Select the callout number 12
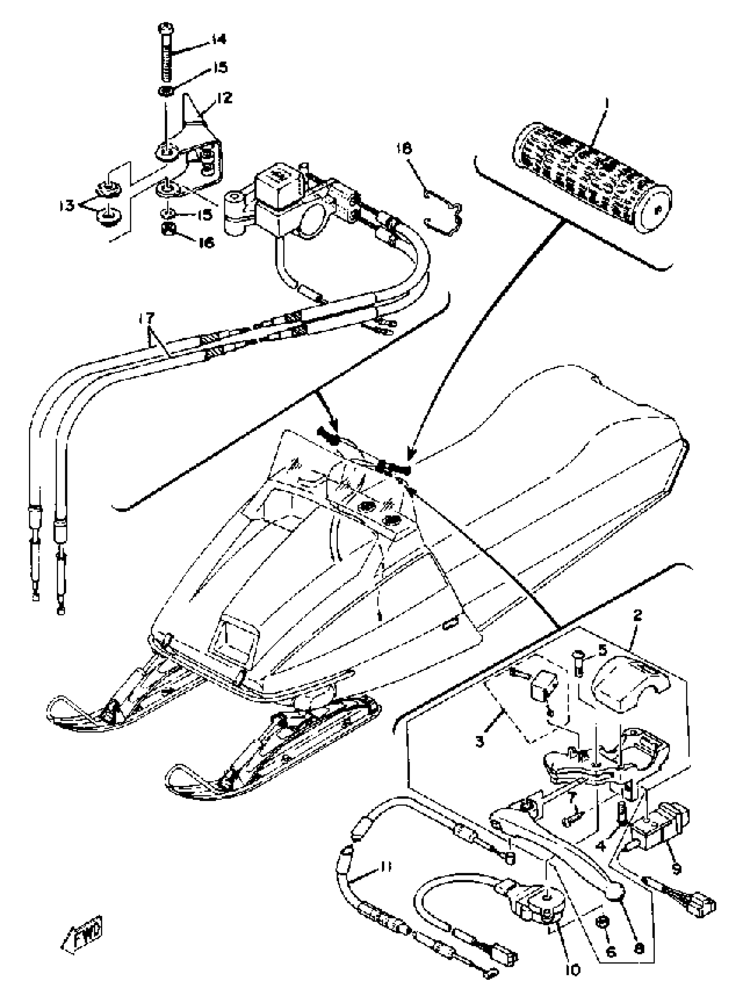(x=224, y=97)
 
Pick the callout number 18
(x=404, y=149)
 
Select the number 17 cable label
(x=146, y=318)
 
